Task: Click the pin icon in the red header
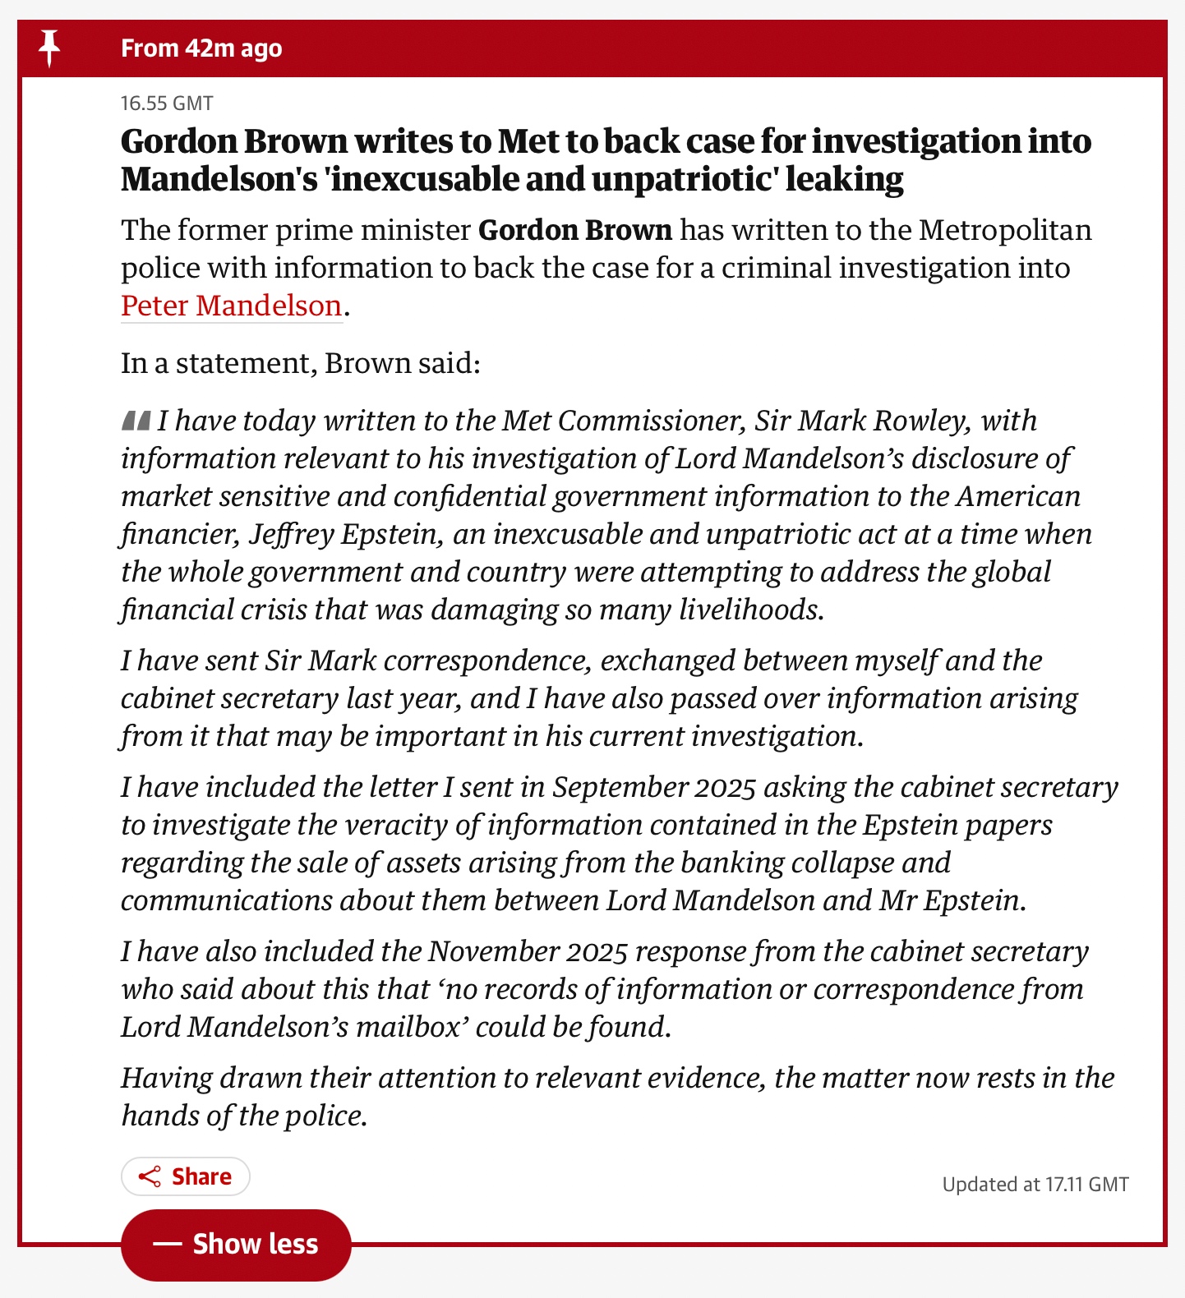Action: (x=49, y=48)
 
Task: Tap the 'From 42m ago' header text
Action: (x=201, y=48)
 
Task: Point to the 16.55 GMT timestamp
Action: (x=167, y=104)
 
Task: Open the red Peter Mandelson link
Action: (x=231, y=306)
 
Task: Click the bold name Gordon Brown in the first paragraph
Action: (x=575, y=230)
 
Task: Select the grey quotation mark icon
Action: (x=136, y=421)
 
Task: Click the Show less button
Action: (x=236, y=1245)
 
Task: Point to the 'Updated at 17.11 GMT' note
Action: (x=1035, y=1184)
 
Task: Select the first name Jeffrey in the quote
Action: (x=291, y=534)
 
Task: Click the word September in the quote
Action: (x=620, y=787)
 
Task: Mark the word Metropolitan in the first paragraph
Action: (x=1005, y=230)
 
